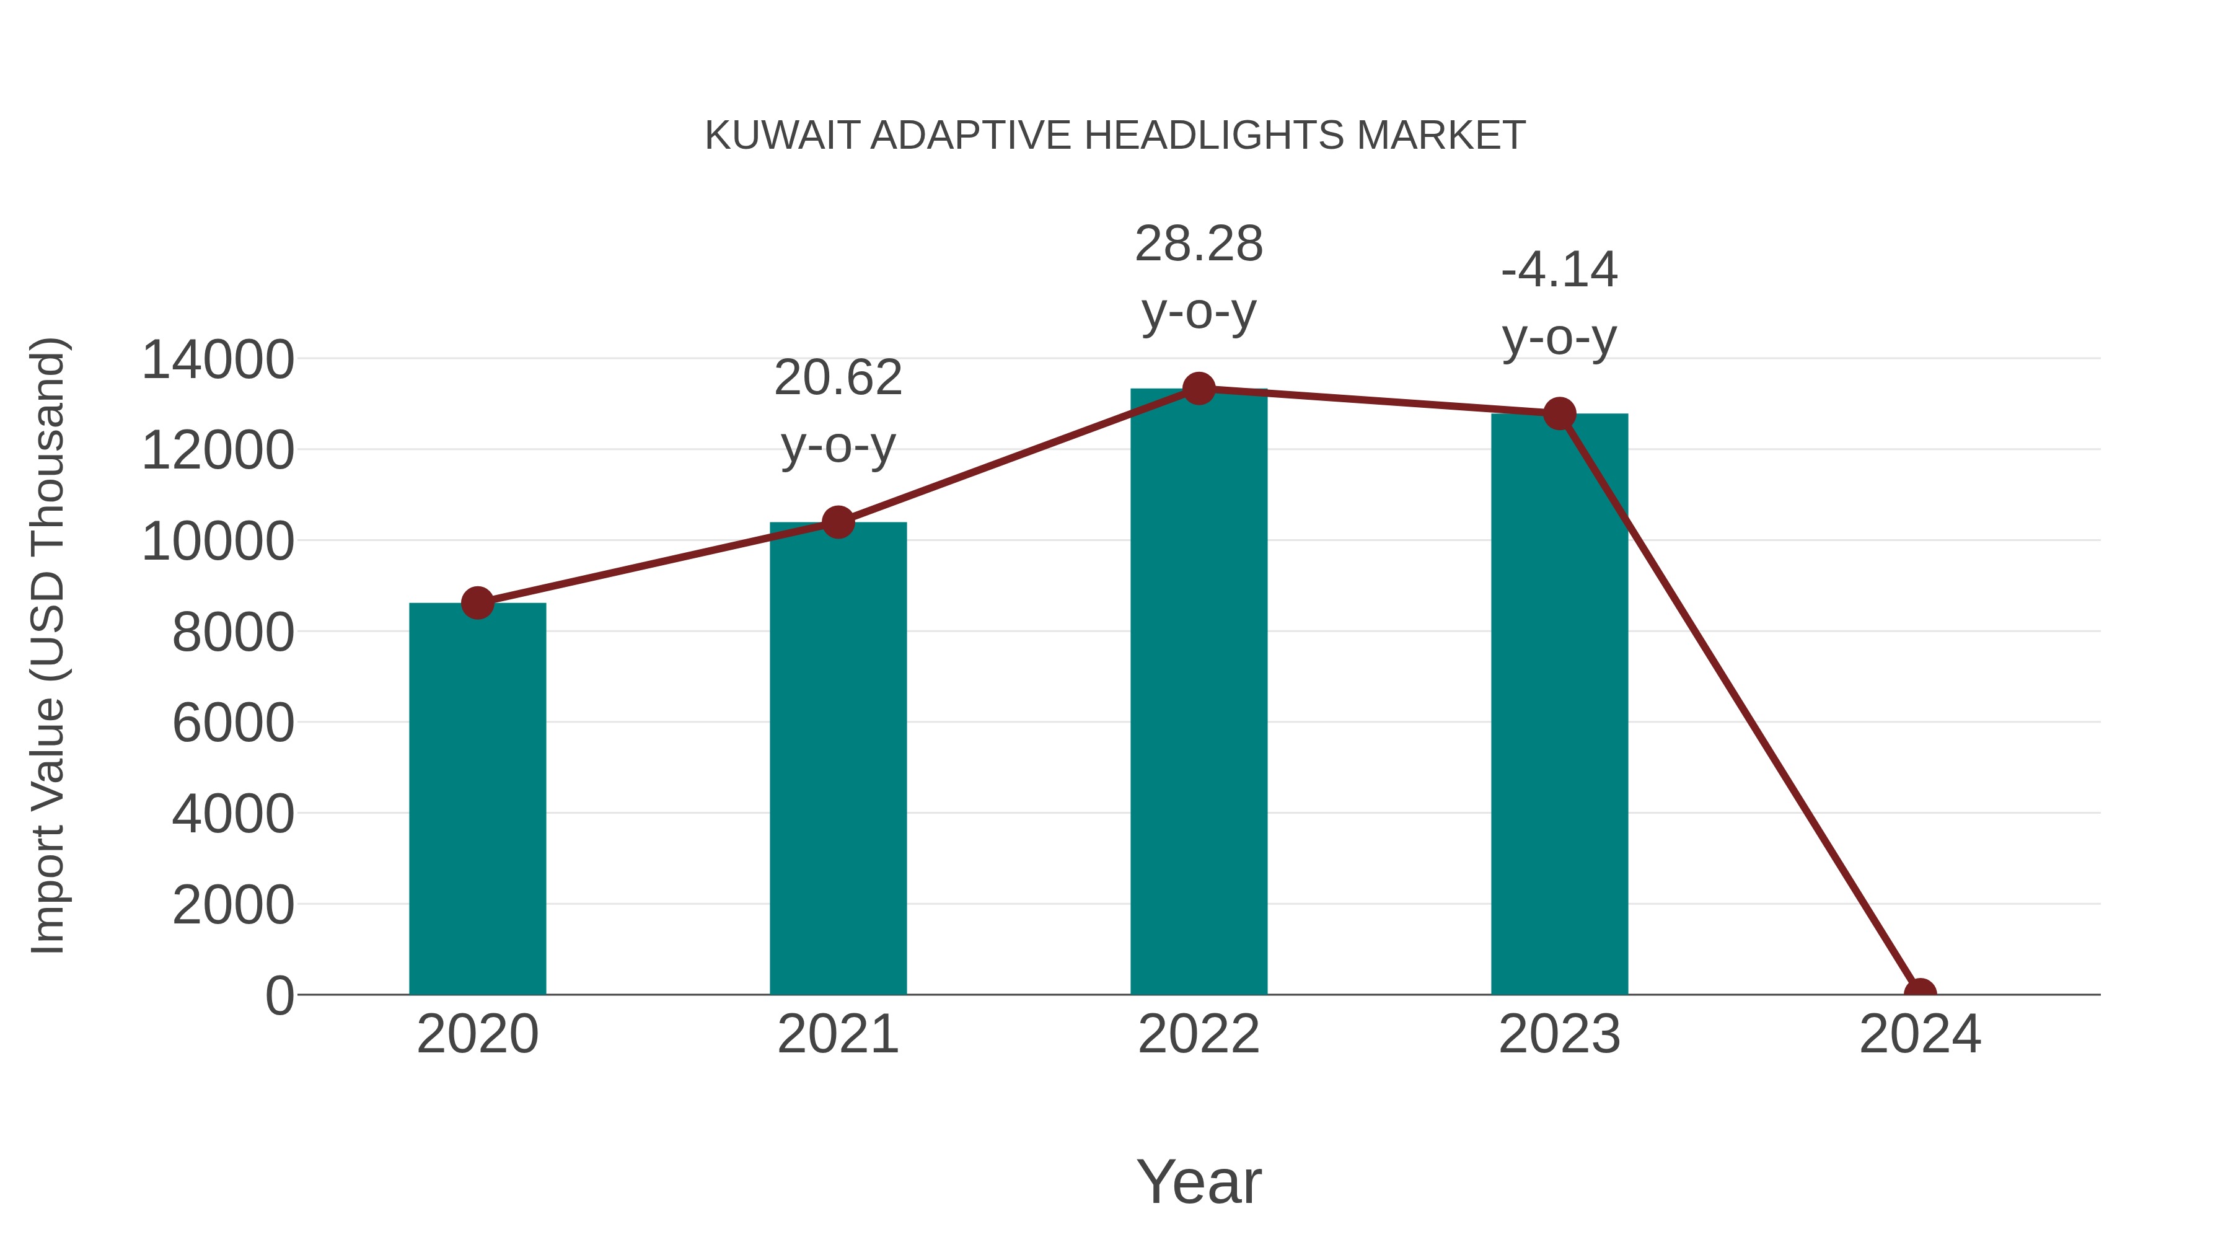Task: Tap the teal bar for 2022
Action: click(1199, 692)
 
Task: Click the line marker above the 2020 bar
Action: click(477, 603)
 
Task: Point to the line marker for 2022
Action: click(1199, 389)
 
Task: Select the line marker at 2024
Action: click(1920, 993)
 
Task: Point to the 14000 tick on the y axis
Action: click(218, 359)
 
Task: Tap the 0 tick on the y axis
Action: click(279, 996)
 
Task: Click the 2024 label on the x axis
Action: click(1920, 1034)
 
